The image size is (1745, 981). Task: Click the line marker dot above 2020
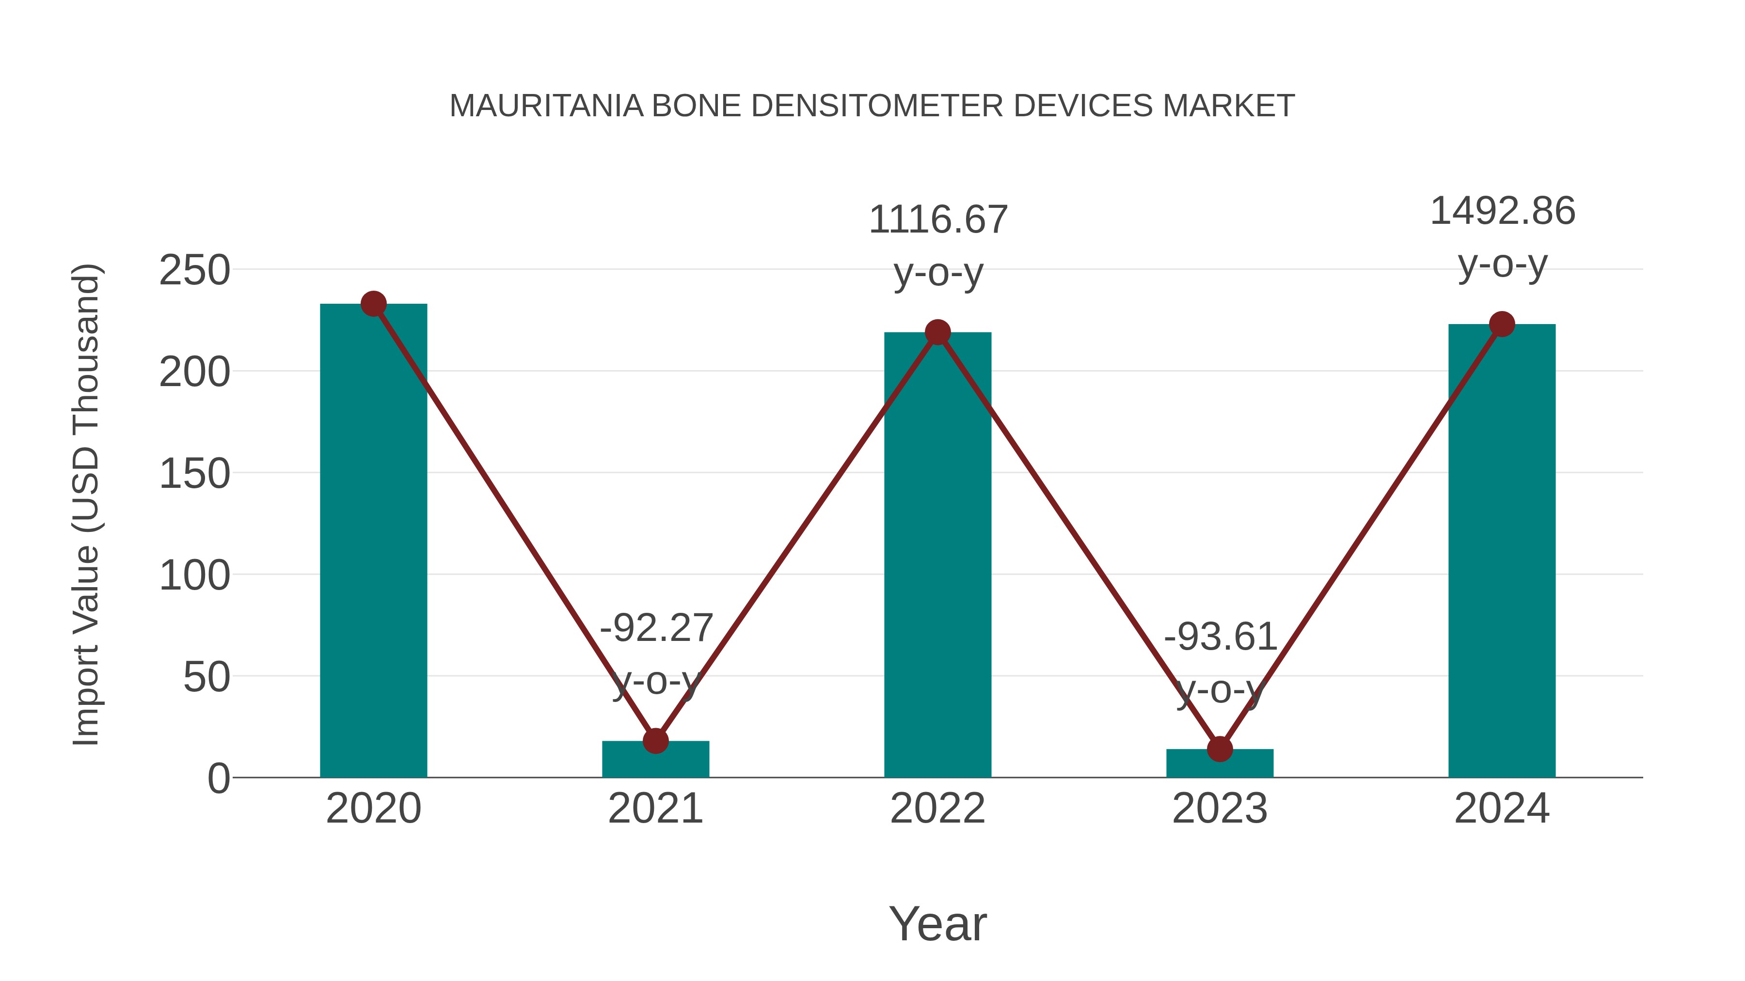373,304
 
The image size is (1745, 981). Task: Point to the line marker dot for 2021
655,741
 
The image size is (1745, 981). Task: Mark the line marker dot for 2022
937,332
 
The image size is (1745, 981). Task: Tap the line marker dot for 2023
1220,749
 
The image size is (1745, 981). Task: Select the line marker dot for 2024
1502,324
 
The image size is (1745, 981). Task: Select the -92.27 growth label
656,628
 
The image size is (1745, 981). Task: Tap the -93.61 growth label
1220,637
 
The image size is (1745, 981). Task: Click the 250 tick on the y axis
194,271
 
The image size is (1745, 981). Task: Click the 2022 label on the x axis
937,809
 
